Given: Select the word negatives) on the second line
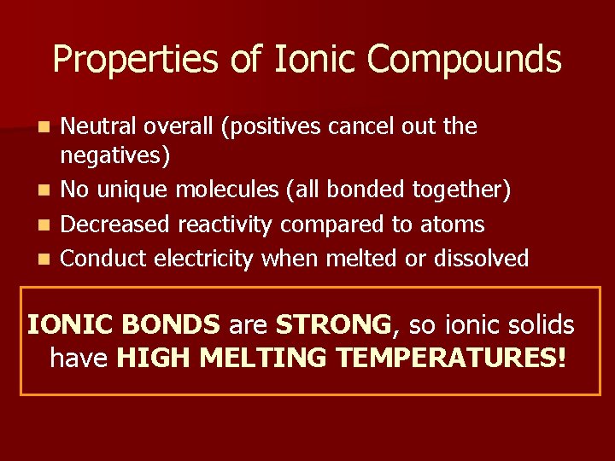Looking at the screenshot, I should pyautogui.click(x=115, y=157).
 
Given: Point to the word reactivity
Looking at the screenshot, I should pyautogui.click(x=225, y=225).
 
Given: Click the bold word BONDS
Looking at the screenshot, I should pyautogui.click(x=171, y=324).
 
